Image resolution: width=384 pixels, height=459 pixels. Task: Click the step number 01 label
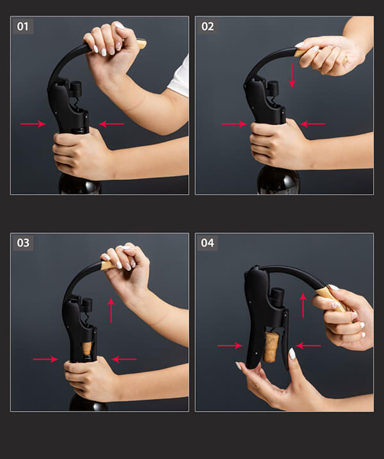tap(23, 26)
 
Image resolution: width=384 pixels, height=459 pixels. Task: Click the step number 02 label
tap(207, 26)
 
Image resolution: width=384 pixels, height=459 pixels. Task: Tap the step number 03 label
tap(23, 243)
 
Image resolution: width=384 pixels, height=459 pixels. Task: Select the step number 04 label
tap(207, 243)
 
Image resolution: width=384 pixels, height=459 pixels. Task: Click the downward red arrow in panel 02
tap(292, 76)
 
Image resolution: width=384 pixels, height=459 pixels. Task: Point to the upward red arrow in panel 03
tap(111, 310)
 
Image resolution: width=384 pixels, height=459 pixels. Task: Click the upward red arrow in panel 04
tap(303, 305)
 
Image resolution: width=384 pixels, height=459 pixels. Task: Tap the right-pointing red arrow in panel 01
tap(33, 124)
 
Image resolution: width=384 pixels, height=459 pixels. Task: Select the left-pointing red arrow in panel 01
tap(111, 124)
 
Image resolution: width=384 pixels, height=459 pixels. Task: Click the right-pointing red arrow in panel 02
tap(234, 124)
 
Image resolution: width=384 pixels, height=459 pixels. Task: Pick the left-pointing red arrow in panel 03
tap(124, 359)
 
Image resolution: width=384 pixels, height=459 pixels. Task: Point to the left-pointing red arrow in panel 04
tap(308, 346)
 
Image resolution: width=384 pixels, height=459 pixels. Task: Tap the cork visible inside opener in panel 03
tap(86, 348)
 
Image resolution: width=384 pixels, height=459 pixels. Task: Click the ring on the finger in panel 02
tap(346, 60)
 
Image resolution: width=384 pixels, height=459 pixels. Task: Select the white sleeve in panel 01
tap(179, 77)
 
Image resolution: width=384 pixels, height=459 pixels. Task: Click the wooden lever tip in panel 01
tap(141, 44)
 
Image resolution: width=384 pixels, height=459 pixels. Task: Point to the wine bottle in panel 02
tap(278, 179)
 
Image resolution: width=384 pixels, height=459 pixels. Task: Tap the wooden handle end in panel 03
tap(109, 266)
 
